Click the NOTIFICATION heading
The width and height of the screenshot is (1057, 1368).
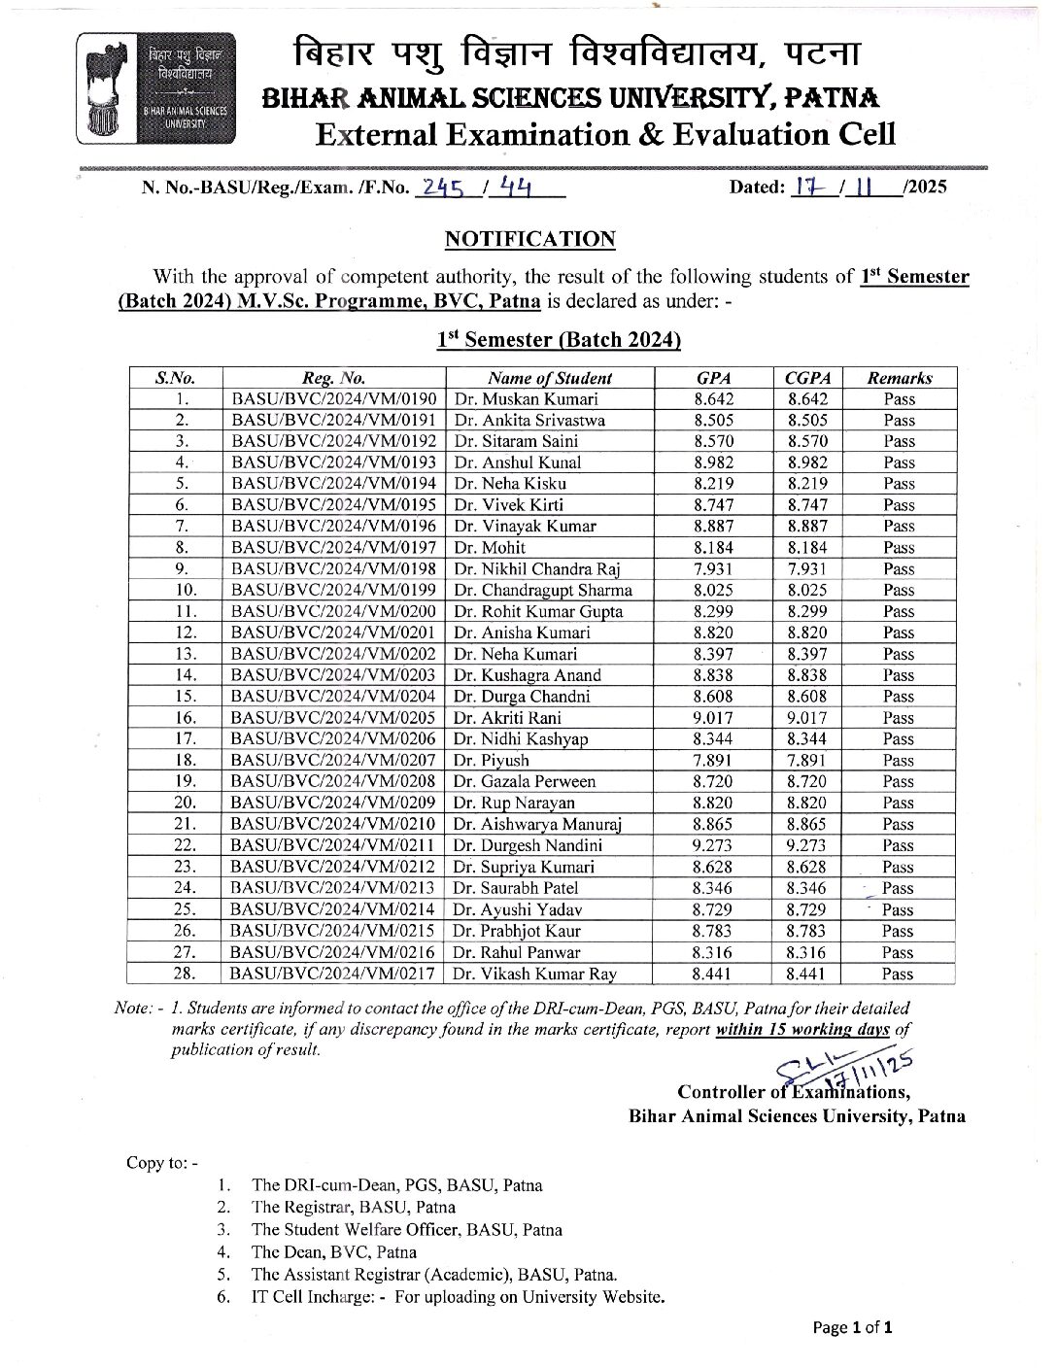point(529,239)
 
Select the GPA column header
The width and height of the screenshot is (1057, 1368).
point(713,378)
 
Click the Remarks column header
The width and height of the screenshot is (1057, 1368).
point(899,378)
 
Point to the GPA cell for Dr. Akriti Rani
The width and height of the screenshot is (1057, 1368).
point(713,718)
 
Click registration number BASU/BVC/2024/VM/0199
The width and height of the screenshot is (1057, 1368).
point(333,590)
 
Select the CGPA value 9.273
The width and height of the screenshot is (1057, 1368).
point(805,845)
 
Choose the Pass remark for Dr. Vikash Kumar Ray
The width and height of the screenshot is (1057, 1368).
point(899,974)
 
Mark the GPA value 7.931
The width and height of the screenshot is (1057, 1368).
point(713,568)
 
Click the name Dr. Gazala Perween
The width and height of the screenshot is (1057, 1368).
point(525,781)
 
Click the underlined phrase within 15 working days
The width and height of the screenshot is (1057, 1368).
point(802,1029)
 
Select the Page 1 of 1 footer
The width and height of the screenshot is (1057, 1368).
point(852,1327)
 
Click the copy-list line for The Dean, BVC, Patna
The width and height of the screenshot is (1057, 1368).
point(334,1251)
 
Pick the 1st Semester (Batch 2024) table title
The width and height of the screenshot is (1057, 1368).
point(558,340)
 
